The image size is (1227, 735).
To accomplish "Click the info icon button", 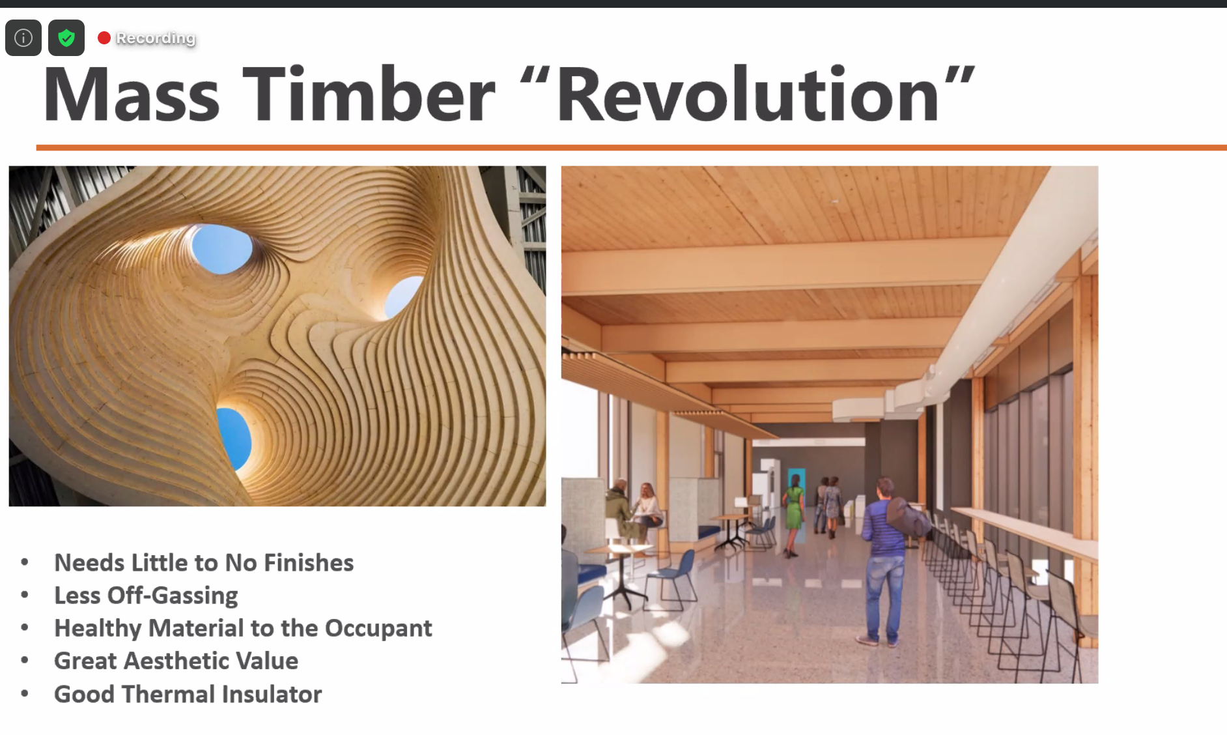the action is pyautogui.click(x=23, y=38).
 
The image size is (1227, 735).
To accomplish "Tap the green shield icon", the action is pyautogui.click(x=66, y=38).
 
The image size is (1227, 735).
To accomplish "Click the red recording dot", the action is pyautogui.click(x=104, y=38).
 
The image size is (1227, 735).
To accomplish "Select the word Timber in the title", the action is pyautogui.click(x=369, y=94).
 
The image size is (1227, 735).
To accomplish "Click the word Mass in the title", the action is pyautogui.click(x=132, y=94).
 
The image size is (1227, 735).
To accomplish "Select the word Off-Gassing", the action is pyautogui.click(x=173, y=596).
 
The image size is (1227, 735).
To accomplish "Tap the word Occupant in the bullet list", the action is pyautogui.click(x=378, y=629).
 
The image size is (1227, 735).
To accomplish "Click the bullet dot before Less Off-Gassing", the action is pyautogui.click(x=25, y=595).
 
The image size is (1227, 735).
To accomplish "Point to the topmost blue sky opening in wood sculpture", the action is pyautogui.click(x=221, y=248).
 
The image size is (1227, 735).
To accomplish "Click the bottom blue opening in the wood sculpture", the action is pyautogui.click(x=234, y=439).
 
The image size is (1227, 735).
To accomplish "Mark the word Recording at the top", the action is pyautogui.click(x=156, y=38).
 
